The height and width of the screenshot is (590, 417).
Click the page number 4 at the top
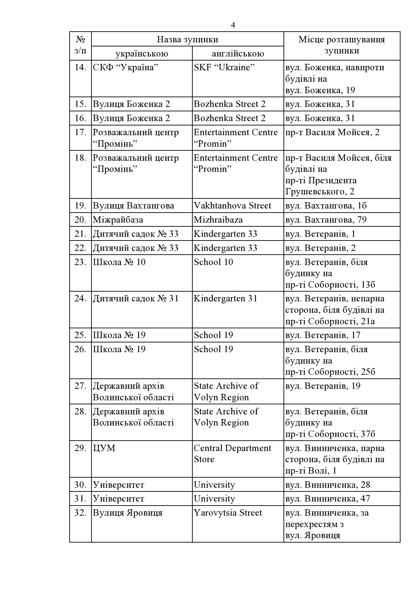pos(233,25)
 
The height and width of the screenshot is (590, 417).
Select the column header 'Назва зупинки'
pos(187,39)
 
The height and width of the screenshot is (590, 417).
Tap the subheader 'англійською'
pos(238,53)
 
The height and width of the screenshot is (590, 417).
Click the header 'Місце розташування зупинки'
pos(342,45)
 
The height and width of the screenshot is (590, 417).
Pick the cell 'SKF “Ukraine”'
pos(224,68)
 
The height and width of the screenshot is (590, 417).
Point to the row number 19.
pos(80,206)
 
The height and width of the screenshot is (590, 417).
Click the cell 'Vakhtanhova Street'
pos(232,206)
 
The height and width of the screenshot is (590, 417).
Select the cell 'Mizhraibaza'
pos(218,220)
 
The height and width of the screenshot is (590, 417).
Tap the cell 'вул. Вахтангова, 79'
pos(326,220)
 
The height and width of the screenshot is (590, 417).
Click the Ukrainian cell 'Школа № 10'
pos(119,262)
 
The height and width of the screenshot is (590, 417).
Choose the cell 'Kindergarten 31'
pos(225,298)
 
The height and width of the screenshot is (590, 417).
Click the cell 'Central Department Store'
pos(232,453)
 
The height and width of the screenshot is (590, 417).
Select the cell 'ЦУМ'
pos(104,448)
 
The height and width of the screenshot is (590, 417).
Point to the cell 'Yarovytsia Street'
pos(228,513)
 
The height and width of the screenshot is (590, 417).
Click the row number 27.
pos(80,386)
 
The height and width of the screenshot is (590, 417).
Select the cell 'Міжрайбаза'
pos(118,220)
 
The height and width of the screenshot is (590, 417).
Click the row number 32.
pos(80,513)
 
